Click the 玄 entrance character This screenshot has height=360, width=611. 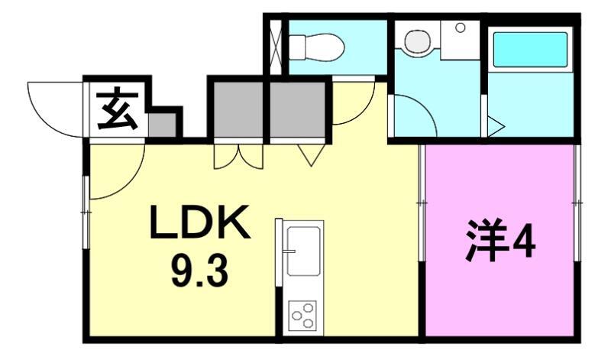pos(118,110)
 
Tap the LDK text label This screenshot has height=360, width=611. pos(199,222)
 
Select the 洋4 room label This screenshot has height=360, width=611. pos(500,240)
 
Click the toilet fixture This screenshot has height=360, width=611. pos(317,47)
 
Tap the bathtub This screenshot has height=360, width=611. pos(530,50)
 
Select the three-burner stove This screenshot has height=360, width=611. pos(302,314)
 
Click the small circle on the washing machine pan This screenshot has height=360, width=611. pos(461,28)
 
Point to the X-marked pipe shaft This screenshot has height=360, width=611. pos(276,47)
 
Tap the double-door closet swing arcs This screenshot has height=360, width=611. pos(238,157)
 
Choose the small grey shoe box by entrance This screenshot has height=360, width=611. pos(162,125)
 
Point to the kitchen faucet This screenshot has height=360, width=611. pos(290,251)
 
